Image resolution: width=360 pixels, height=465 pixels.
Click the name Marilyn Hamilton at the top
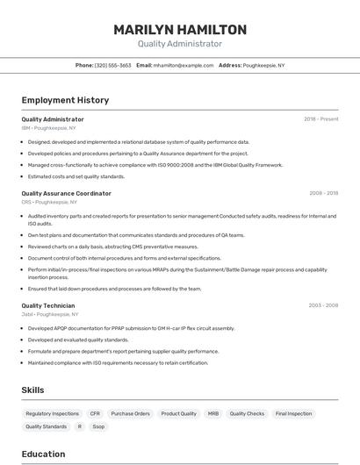coord(180,30)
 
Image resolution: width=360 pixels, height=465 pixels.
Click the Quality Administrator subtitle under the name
coord(180,44)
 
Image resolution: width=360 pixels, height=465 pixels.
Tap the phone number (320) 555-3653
coord(112,66)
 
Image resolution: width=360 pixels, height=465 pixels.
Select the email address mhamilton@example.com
coord(184,66)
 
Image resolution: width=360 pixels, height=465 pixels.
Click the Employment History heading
coord(65,100)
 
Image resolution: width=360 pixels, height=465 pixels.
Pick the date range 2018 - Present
coord(321,119)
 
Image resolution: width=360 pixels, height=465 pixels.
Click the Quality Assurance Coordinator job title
coord(66,193)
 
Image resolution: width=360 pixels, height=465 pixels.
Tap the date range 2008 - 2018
coord(323,193)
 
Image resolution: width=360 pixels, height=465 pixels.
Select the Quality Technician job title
coord(49,305)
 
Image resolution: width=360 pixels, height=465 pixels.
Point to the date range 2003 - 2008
coord(323,305)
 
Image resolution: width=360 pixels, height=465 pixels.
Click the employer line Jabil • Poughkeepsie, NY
coord(50,314)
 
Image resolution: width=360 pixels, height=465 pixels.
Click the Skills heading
coord(33,390)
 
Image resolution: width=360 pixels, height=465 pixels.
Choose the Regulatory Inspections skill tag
coord(52,413)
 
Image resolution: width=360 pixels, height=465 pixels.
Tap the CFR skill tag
coord(95,413)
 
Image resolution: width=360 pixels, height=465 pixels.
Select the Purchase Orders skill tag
coord(131,413)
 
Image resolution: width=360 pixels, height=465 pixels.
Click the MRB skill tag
coord(213,413)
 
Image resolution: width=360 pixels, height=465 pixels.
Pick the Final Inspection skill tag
coord(293,413)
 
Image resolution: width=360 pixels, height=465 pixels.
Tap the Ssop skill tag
coord(98,426)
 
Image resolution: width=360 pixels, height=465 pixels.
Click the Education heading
coord(43,454)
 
